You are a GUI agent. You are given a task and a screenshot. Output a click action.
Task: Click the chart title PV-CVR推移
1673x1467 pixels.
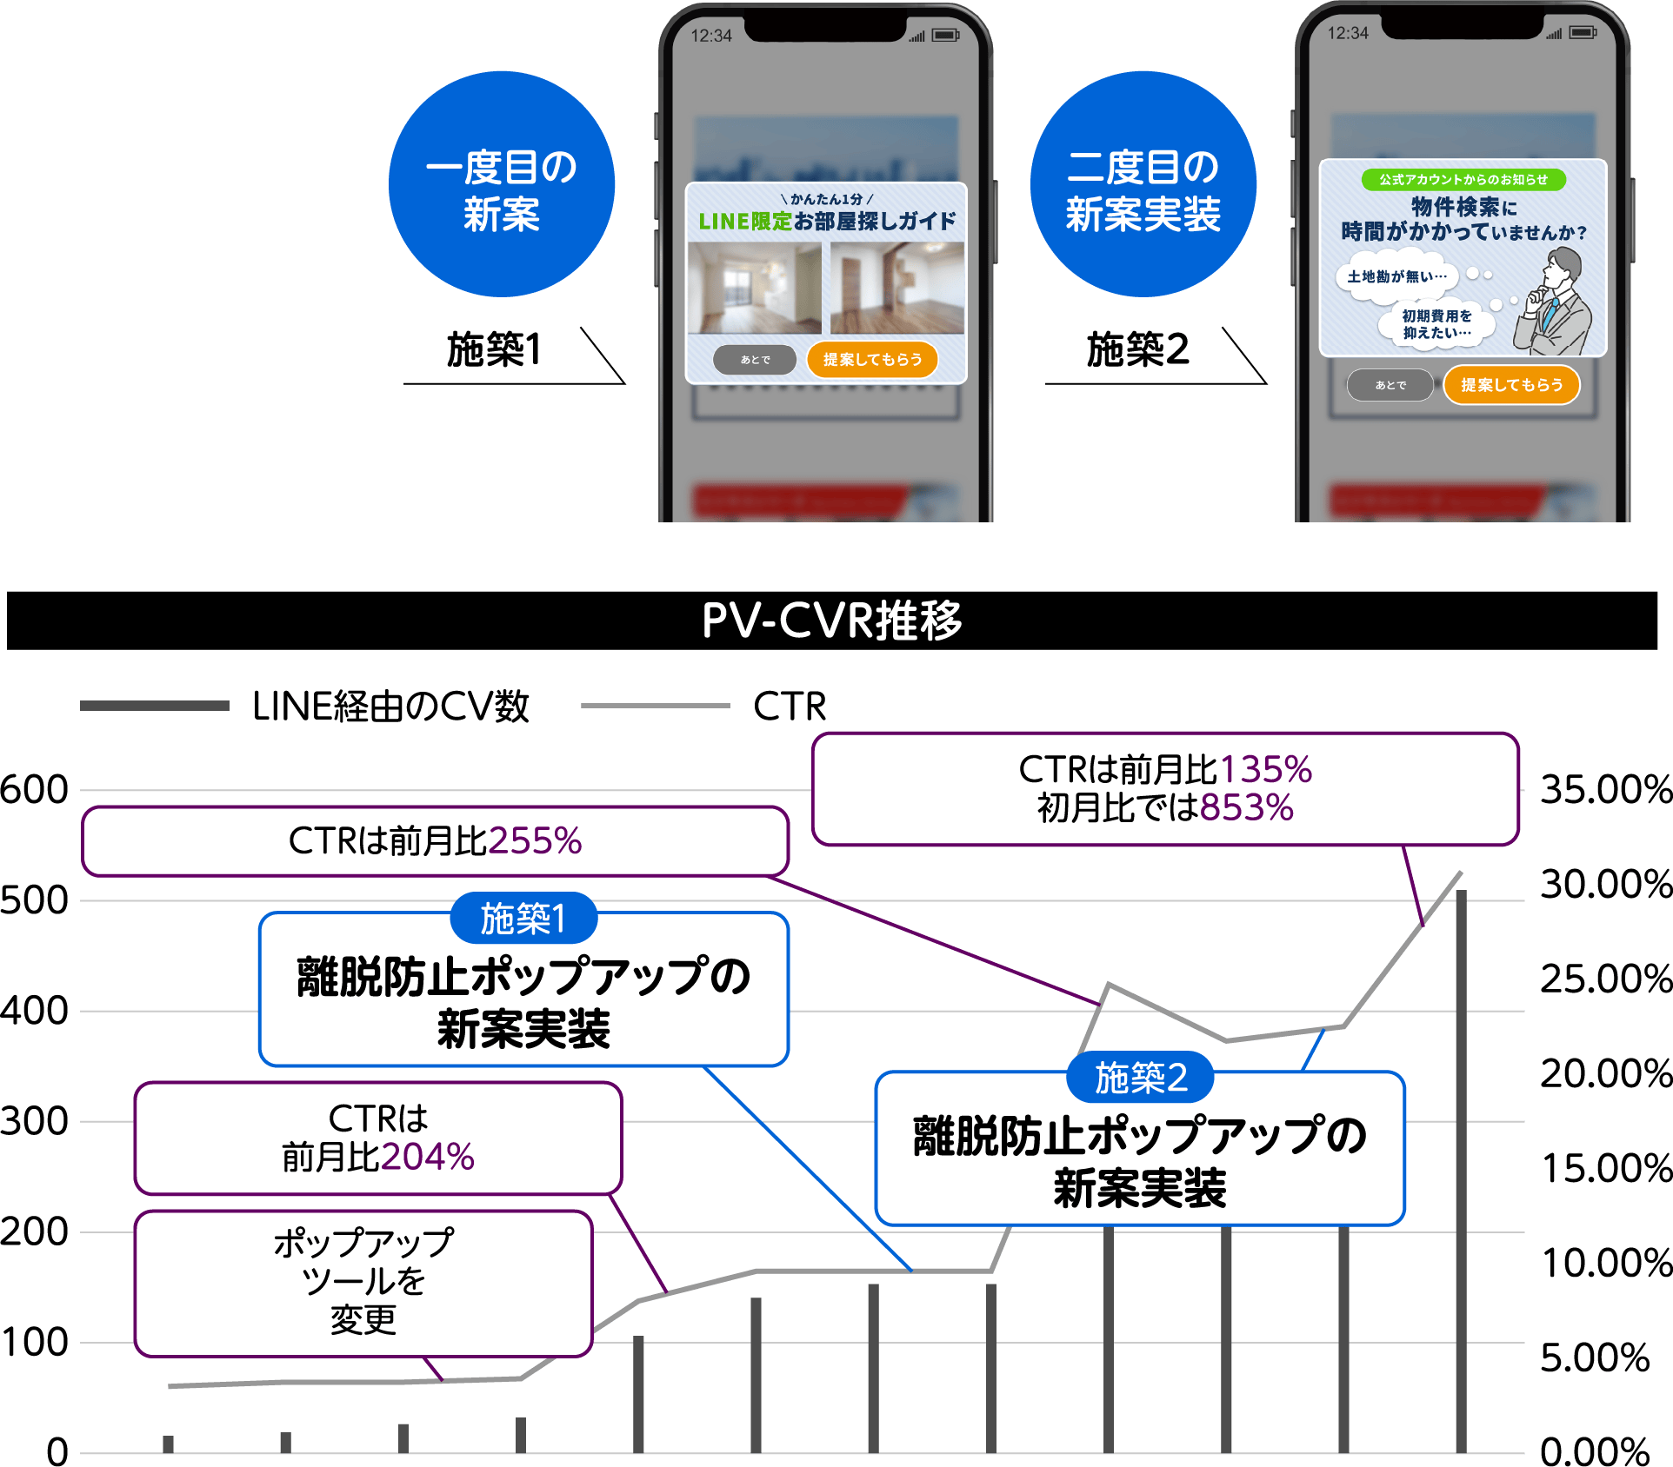(831, 621)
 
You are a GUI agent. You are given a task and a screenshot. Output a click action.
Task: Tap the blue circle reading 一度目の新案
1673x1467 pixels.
(502, 184)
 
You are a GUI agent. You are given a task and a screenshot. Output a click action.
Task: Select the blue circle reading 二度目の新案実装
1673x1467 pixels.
(1143, 184)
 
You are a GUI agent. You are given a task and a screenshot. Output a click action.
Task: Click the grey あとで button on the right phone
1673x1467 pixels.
(1390, 385)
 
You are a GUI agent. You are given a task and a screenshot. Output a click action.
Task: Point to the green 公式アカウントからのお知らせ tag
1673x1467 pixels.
(1463, 180)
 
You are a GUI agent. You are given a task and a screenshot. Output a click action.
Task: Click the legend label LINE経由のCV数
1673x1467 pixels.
(390, 707)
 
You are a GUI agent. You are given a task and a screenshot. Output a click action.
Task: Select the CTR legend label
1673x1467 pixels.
(790, 707)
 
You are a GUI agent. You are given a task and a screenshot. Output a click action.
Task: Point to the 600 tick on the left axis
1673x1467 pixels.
(35, 790)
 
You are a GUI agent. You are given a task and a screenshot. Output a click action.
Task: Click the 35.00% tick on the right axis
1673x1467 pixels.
(1605, 790)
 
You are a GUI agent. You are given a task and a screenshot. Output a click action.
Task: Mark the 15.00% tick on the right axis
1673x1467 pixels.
(1605, 1169)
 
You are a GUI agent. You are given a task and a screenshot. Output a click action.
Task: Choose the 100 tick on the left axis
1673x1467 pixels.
(35, 1343)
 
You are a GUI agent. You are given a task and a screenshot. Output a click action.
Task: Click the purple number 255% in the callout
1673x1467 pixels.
(535, 841)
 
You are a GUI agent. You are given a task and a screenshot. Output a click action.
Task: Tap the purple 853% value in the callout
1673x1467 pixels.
(1246, 808)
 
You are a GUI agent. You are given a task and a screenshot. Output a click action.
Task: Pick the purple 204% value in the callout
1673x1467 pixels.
(427, 1158)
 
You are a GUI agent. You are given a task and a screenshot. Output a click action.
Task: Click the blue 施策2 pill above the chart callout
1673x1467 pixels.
(1140, 1078)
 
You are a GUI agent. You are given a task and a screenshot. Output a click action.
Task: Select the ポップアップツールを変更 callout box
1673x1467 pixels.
(363, 1282)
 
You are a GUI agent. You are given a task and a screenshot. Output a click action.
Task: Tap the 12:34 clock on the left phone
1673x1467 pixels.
(711, 36)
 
